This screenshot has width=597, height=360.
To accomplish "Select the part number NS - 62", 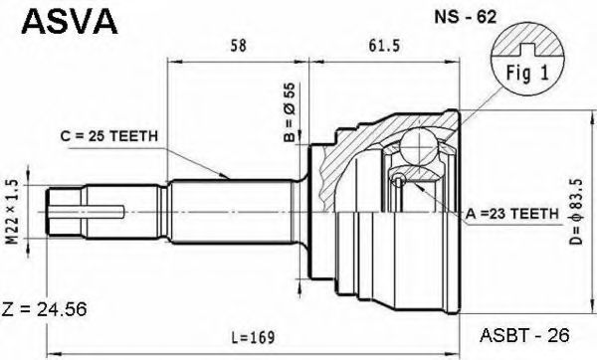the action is (x=466, y=17).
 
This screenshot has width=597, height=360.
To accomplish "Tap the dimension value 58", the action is (x=239, y=46).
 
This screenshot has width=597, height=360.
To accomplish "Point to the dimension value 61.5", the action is (x=384, y=46).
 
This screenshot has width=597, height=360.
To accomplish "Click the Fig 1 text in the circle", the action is (x=527, y=73).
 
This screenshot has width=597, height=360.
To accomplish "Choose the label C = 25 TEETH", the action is (x=108, y=136).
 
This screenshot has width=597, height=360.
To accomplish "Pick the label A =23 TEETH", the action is (x=511, y=214).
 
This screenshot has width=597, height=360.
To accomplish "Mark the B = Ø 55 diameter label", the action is (x=291, y=112).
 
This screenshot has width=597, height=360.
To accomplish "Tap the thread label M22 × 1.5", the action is (x=13, y=212).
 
